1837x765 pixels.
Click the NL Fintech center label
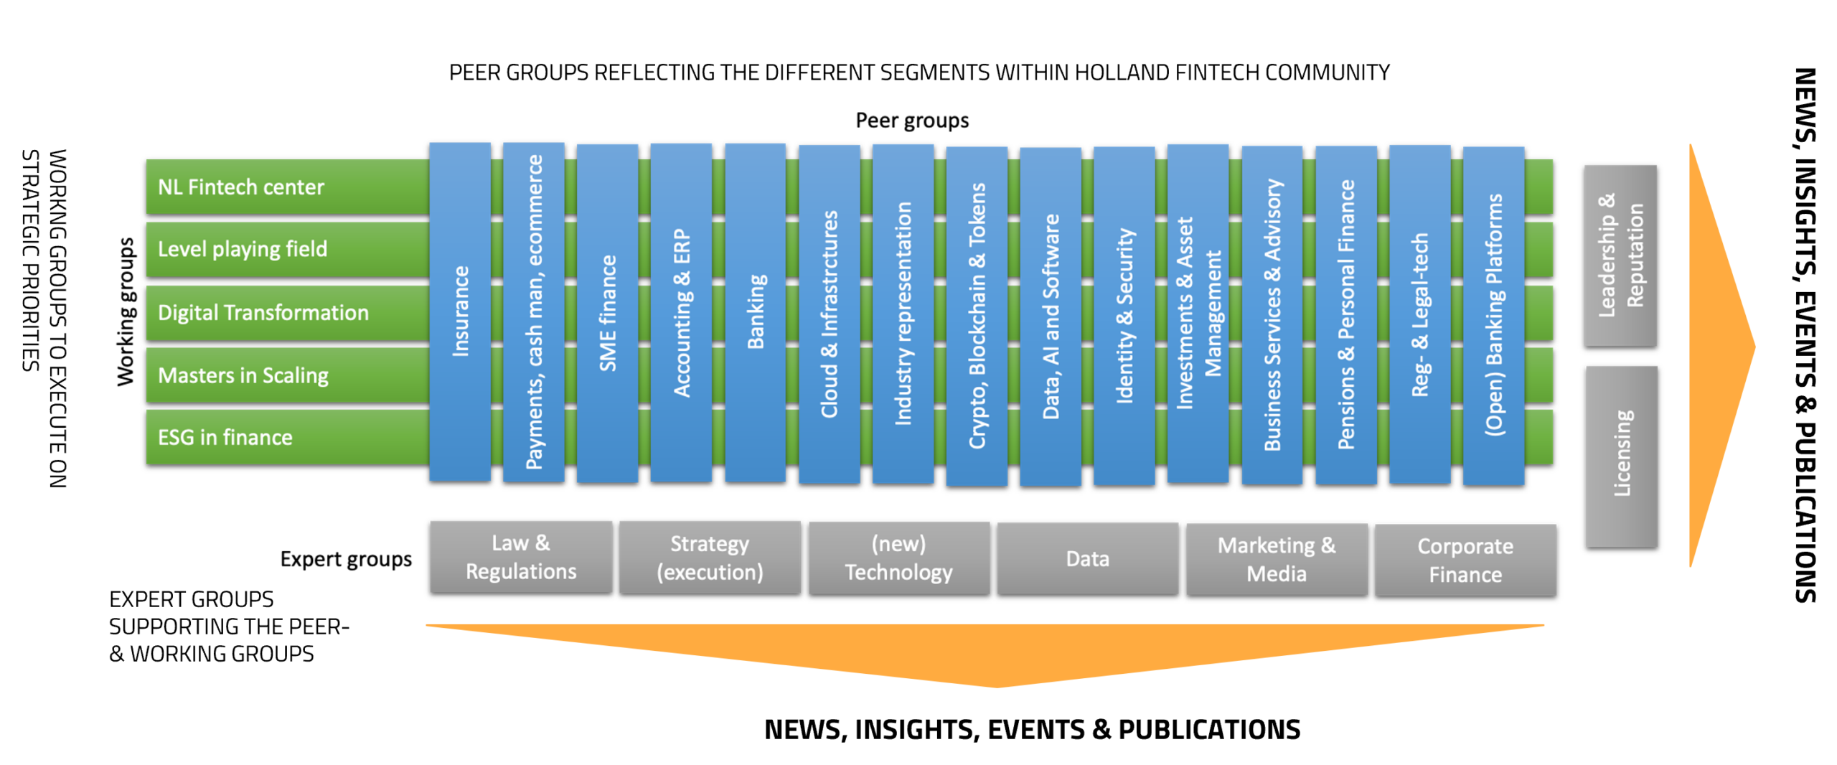tap(241, 187)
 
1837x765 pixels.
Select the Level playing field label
tap(243, 249)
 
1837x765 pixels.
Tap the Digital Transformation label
tap(263, 313)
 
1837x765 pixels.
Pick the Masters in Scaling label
tap(243, 375)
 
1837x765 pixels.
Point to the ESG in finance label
tap(225, 438)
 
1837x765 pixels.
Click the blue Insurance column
tap(460, 311)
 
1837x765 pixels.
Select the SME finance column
tap(608, 313)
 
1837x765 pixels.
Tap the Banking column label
tap(756, 312)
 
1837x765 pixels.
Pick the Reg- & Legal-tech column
tap(1420, 314)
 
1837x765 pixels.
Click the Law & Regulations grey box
tap(521, 557)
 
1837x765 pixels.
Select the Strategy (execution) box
tap(710, 558)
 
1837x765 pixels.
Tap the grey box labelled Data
tap(1087, 559)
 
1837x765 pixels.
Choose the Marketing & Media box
tap(1277, 560)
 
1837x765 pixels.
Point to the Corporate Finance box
tap(1465, 560)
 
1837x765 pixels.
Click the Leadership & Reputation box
tap(1621, 255)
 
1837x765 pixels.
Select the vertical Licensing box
tap(1622, 456)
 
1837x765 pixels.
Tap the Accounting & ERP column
tap(681, 312)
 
